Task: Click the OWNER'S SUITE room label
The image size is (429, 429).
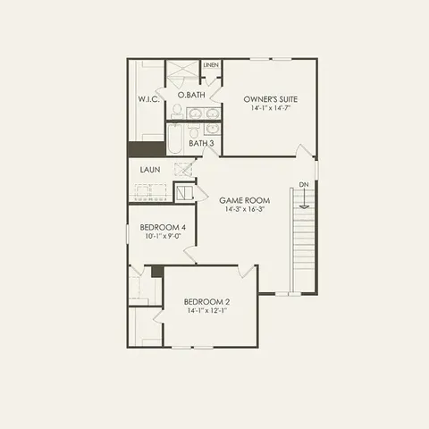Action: tap(271, 98)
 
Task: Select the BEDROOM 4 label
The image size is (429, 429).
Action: tap(163, 228)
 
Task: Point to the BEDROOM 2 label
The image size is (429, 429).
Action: tap(206, 301)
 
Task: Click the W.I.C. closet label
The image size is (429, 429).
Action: tap(148, 99)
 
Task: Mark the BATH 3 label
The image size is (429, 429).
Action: tap(201, 143)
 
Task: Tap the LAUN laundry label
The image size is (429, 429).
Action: tap(149, 168)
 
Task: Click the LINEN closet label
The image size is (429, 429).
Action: tap(212, 66)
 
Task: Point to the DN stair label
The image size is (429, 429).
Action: tap(304, 184)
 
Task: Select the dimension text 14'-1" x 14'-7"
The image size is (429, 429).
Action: tap(271, 108)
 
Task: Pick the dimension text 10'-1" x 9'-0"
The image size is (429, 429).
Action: tap(163, 238)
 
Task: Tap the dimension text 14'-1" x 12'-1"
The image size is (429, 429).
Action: tap(206, 311)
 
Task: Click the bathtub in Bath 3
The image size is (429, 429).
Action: tap(173, 141)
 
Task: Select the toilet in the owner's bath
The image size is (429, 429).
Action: tap(177, 111)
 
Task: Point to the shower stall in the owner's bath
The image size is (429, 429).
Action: tap(183, 72)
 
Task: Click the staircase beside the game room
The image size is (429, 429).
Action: tap(305, 241)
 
